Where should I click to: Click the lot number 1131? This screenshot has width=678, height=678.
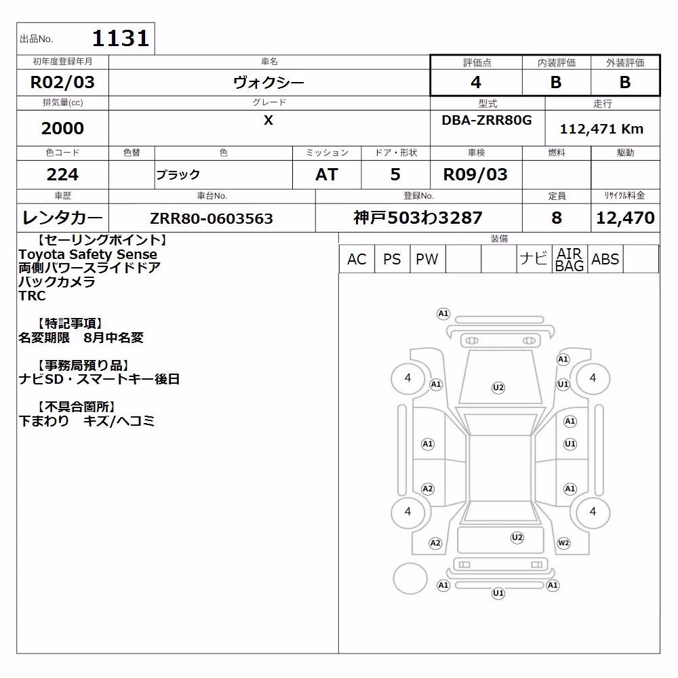(x=121, y=38)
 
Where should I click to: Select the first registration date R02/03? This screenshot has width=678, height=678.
(x=62, y=82)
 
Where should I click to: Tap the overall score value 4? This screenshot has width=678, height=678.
(x=476, y=82)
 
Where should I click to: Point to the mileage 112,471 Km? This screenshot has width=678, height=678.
(x=601, y=129)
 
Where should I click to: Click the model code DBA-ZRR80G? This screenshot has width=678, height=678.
(x=486, y=120)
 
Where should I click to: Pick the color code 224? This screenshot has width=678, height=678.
(x=62, y=175)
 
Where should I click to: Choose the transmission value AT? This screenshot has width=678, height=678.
(x=327, y=175)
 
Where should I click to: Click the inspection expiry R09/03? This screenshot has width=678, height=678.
(x=475, y=175)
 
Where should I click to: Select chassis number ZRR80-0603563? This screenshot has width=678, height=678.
(x=212, y=218)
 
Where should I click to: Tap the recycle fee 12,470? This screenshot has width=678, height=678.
(x=625, y=218)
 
